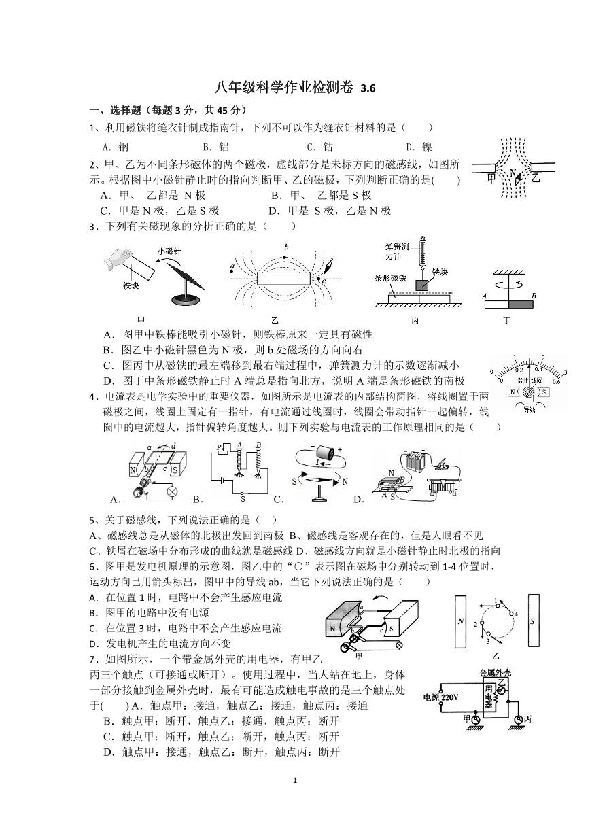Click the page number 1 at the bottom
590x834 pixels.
[295, 780]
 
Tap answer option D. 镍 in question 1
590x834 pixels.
[418, 146]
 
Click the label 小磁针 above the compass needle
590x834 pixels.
[169, 251]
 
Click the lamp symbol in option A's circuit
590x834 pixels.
[172, 491]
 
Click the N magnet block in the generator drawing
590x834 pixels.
[336, 629]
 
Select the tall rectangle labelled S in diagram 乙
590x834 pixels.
[533, 621]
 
